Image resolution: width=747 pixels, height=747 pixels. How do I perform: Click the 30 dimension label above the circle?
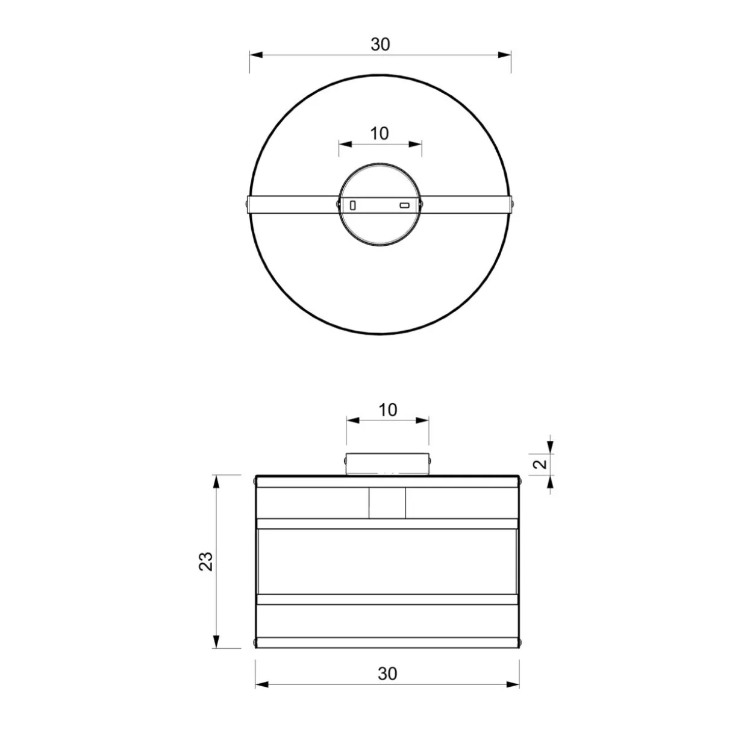point(380,44)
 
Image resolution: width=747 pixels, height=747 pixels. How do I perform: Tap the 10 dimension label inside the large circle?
point(380,134)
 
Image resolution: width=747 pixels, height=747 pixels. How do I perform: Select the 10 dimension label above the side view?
point(387,410)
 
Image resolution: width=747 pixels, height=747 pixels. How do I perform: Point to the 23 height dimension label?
point(206,561)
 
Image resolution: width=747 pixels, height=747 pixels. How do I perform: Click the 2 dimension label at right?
point(540,464)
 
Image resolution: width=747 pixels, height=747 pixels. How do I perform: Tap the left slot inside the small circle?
point(353,205)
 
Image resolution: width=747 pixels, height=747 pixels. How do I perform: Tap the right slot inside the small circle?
point(404,205)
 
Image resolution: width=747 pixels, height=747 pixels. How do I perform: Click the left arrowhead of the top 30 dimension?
point(256,55)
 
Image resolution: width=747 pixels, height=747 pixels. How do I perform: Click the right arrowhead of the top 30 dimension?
point(504,55)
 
